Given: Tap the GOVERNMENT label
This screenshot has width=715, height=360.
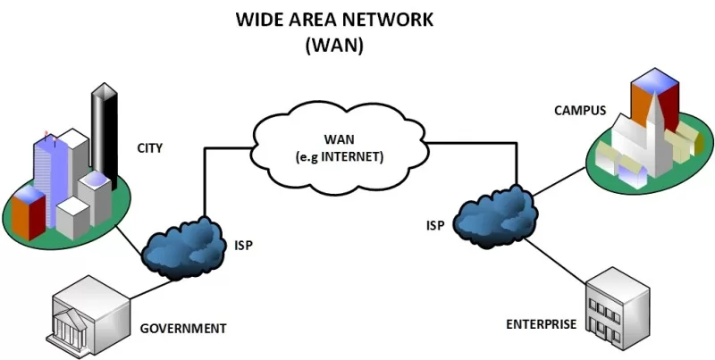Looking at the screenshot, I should (183, 328).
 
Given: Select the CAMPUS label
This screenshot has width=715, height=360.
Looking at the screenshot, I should (580, 111).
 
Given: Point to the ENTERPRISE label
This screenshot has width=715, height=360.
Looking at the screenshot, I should (541, 323).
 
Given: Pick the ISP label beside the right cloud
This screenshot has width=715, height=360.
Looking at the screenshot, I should (437, 225).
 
